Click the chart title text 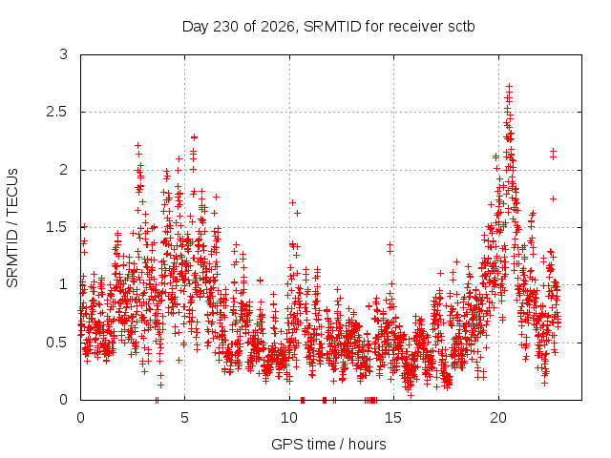click(328, 27)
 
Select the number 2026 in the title click(278, 27)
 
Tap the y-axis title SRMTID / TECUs click(12, 228)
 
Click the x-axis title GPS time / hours click(328, 444)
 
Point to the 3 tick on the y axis click(64, 54)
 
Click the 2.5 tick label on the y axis click(57, 113)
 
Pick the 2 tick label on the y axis click(64, 170)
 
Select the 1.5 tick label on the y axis click(57, 227)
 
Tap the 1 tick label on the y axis click(64, 284)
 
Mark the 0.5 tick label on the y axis click(57, 343)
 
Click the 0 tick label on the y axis click(64, 400)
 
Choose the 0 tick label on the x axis click(80, 418)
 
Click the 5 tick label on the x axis click(184, 418)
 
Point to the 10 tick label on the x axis click(289, 418)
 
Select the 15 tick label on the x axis click(393, 418)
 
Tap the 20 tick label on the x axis click(498, 418)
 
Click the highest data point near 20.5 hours click(509, 87)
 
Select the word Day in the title click(196, 28)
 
